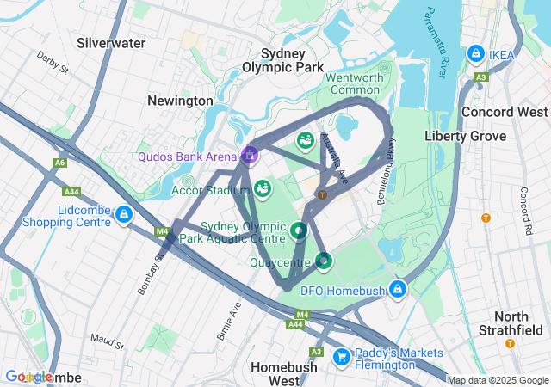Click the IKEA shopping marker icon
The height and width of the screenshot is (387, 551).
pyautogui.click(x=475, y=54)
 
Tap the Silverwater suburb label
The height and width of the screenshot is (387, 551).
pyautogui.click(x=110, y=42)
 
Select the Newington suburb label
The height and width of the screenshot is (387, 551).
pyautogui.click(x=180, y=101)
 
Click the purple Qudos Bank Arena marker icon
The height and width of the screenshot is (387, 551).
pyautogui.click(x=249, y=155)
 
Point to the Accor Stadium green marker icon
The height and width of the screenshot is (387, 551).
pyautogui.click(x=263, y=187)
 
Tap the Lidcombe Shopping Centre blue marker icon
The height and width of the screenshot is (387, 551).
pyautogui.click(x=124, y=214)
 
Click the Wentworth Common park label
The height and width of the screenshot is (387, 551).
pyautogui.click(x=354, y=83)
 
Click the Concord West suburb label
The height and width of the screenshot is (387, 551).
pyautogui.click(x=505, y=112)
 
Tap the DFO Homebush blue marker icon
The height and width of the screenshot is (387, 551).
pyautogui.click(x=397, y=289)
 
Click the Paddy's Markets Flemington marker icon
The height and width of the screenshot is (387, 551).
pyautogui.click(x=341, y=354)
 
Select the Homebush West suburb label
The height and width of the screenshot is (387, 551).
pyautogui.click(x=285, y=373)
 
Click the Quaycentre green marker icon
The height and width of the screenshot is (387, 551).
pyautogui.click(x=323, y=260)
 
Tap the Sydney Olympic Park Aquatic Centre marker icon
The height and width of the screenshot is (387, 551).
pyautogui.click(x=298, y=230)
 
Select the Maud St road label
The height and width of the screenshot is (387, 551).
pyautogui.click(x=108, y=343)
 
